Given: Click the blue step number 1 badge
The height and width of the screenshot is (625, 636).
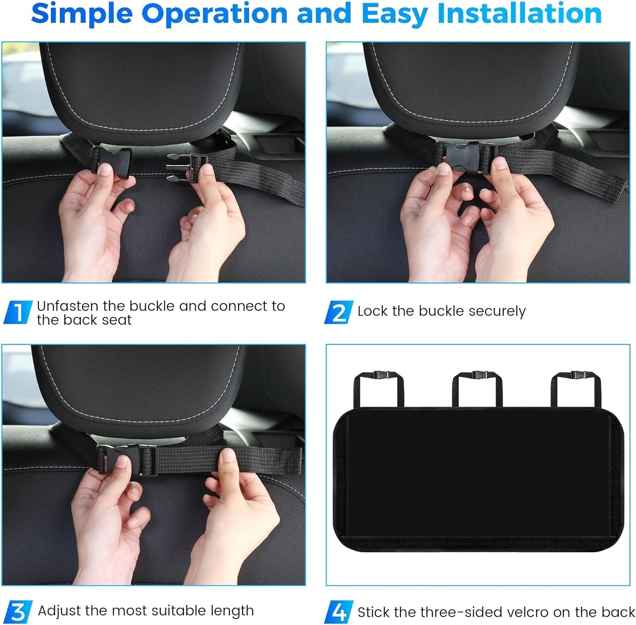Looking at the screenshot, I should (18, 312).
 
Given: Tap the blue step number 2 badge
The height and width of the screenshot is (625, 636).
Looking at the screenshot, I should (339, 312).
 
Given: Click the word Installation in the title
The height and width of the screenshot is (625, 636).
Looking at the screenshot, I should (519, 14).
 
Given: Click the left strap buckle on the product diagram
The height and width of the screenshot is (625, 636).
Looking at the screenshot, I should (378, 375).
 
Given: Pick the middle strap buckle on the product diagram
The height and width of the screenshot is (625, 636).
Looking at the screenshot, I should (477, 375).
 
